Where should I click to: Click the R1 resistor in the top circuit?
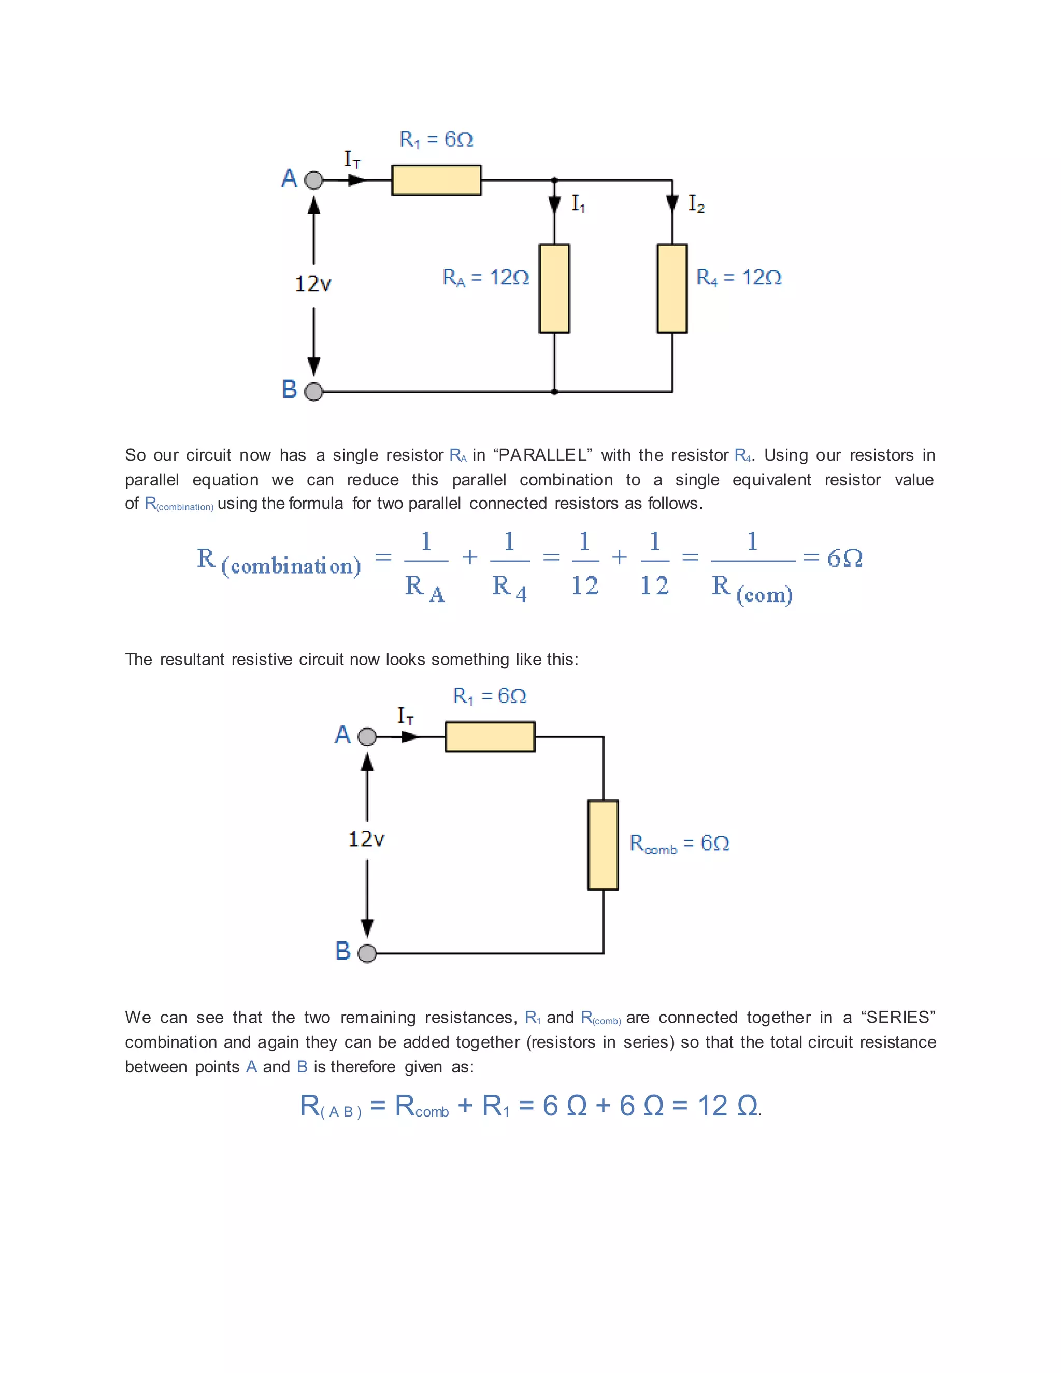pyautogui.click(x=436, y=180)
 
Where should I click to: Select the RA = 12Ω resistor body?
pyautogui.click(x=554, y=288)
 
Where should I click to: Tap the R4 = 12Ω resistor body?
pyautogui.click(x=672, y=288)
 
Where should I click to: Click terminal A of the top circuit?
pyautogui.click(x=313, y=180)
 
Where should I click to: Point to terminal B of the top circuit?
pyautogui.click(x=313, y=392)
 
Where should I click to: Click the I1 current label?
pyautogui.click(x=578, y=204)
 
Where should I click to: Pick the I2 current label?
pyautogui.click(x=696, y=204)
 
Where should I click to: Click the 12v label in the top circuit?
pyautogui.click(x=313, y=284)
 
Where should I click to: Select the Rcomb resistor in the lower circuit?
pyautogui.click(x=603, y=845)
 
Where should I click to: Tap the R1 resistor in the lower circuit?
pyautogui.click(x=490, y=736)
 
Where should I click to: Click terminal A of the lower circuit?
pyautogui.click(x=366, y=736)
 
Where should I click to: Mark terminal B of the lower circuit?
pyautogui.click(x=366, y=953)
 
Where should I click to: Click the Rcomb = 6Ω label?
pyautogui.click(x=680, y=843)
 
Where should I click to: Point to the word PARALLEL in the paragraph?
pyautogui.click(x=542, y=455)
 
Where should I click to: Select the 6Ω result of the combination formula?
pyautogui.click(x=844, y=558)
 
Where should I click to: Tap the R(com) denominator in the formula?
pyautogui.click(x=752, y=589)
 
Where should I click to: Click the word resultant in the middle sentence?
pyautogui.click(x=192, y=660)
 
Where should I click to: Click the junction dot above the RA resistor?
pyautogui.click(x=554, y=180)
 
